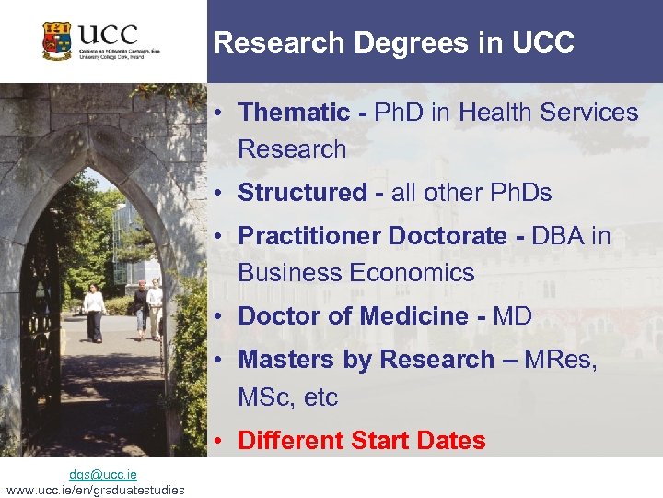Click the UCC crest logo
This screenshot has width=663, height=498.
[x=57, y=41]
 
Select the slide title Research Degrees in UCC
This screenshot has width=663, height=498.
[x=393, y=42]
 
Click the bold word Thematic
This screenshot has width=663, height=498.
[x=294, y=113]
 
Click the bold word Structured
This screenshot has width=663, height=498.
[x=302, y=193]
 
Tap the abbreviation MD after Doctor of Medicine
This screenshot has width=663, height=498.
[x=513, y=316]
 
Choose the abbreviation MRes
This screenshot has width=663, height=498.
[x=560, y=360]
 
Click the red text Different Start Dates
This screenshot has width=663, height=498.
[x=361, y=441]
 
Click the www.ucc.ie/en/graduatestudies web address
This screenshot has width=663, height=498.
[x=95, y=490]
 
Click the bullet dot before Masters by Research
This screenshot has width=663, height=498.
[x=223, y=360]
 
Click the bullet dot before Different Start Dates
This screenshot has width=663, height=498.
[x=223, y=441]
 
